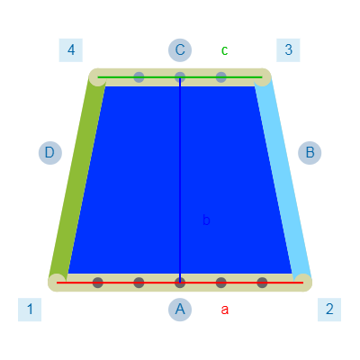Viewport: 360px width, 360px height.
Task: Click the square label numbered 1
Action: [x=30, y=310]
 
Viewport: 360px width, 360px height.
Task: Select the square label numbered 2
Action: [x=329, y=310]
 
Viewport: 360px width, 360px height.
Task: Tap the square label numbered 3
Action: [x=288, y=50]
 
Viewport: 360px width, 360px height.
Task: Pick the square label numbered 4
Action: [x=71, y=50]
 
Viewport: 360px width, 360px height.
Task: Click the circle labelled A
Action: [x=180, y=310]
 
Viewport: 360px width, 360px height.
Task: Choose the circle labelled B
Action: [x=310, y=153]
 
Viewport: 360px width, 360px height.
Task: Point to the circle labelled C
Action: [x=180, y=50]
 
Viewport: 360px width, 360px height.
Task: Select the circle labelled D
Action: [x=50, y=153]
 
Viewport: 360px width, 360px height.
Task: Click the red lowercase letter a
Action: [x=225, y=310]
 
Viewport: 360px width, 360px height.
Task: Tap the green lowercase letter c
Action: [x=224, y=50]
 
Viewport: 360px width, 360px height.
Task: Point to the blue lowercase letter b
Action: [x=206, y=220]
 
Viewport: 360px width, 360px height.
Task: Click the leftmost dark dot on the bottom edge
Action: [x=98, y=283]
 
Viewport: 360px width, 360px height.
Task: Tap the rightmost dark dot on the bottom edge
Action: [x=262, y=283]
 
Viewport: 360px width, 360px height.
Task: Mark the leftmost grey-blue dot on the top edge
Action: [x=139, y=77]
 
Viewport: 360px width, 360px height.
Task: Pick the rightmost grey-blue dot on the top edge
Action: [x=221, y=77]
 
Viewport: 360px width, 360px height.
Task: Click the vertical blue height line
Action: [x=180, y=180]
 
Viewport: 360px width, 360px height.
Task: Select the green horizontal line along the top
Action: [x=180, y=77]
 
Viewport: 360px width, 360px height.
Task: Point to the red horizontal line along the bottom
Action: [x=180, y=283]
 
